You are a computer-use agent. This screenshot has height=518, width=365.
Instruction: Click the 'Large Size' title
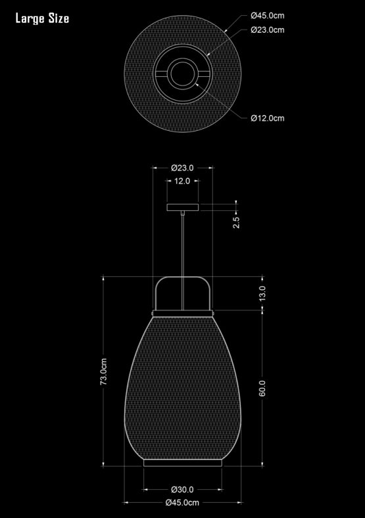pos(42,18)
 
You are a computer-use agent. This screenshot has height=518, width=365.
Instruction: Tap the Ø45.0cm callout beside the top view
pos(268,16)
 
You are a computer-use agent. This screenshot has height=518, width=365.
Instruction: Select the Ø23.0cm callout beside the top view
pos(268,30)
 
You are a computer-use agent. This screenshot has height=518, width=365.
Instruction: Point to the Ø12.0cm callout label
pos(268,118)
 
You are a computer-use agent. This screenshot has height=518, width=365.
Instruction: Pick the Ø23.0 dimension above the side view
pos(183,168)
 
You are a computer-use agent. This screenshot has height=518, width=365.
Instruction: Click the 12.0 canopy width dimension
pos(182,181)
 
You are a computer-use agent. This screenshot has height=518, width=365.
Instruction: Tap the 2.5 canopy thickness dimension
pos(236,222)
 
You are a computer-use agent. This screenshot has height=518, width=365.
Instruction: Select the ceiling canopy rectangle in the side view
pos(183,208)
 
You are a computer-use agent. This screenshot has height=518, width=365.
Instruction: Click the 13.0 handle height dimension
pos(262,293)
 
